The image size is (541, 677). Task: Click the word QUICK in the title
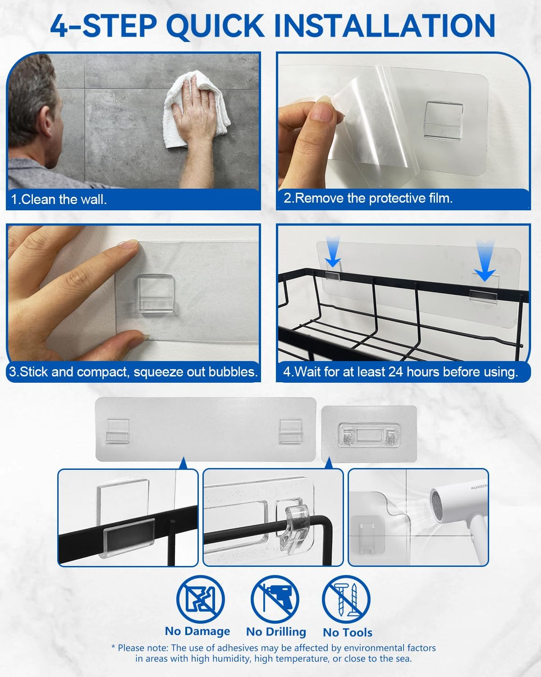pyautogui.click(x=215, y=27)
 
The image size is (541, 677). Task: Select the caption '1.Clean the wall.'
pyautogui.click(x=59, y=199)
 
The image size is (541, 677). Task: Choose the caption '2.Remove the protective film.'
pyautogui.click(x=368, y=198)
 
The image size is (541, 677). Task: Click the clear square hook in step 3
pyautogui.click(x=156, y=294)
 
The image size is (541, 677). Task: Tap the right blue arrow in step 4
pyautogui.click(x=485, y=260)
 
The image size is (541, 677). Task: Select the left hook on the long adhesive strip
pyautogui.click(x=118, y=431)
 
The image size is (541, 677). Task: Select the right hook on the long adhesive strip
pyautogui.click(x=291, y=431)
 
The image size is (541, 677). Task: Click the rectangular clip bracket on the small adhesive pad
pyautogui.click(x=369, y=435)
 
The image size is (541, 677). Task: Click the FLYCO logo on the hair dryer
pyautogui.click(x=479, y=487)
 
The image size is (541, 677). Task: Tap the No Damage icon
pyautogui.click(x=201, y=599)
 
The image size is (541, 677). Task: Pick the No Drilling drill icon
pyautogui.click(x=275, y=599)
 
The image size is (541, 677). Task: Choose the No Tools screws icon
pyautogui.click(x=346, y=599)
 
